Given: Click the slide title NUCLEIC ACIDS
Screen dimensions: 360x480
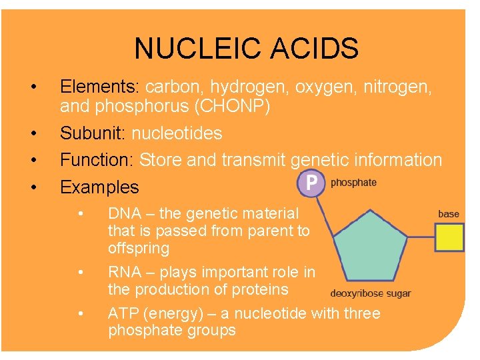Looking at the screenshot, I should click(x=246, y=49).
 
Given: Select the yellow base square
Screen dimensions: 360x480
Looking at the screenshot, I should click(x=449, y=237).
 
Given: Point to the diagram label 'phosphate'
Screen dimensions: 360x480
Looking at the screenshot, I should click(x=353, y=183).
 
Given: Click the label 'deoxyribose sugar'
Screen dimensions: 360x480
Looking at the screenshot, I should click(x=371, y=293).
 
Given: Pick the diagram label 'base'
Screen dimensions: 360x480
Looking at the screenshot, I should click(x=449, y=214).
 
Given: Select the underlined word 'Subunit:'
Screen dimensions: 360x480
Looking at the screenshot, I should click(x=93, y=133).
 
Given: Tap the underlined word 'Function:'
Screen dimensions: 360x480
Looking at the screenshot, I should click(x=97, y=160).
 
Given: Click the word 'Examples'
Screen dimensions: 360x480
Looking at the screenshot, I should click(x=99, y=187).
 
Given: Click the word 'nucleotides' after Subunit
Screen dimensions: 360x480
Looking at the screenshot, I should click(x=177, y=133).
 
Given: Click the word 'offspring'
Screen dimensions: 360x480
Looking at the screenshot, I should click(x=139, y=249).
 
